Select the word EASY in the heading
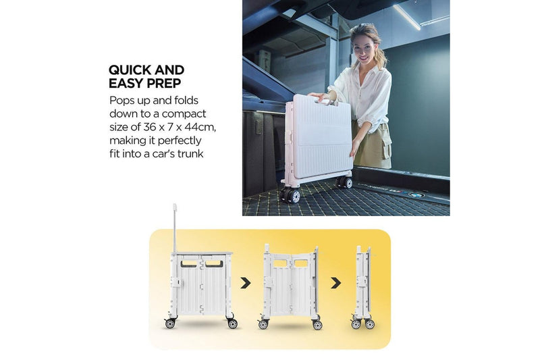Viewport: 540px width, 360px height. tap(126, 83)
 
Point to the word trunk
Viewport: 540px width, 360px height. tap(190, 153)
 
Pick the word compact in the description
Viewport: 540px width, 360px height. tap(184, 114)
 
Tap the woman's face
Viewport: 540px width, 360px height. tap(364, 48)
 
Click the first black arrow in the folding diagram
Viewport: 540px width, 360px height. tap(246, 283)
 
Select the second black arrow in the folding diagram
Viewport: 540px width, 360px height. tap(335, 283)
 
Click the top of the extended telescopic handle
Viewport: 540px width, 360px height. tap(175, 207)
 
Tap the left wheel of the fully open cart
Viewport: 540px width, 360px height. tap(170, 323)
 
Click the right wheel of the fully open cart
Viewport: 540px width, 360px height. tap(232, 324)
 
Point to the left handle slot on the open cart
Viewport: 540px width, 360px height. tap(189, 264)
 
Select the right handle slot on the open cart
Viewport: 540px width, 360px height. tap(214, 264)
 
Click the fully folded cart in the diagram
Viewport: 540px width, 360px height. tap(363, 287)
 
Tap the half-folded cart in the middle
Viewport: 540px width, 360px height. tap(290, 286)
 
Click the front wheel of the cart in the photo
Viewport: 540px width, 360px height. tap(290, 196)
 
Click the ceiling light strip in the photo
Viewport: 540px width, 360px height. tap(407, 17)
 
